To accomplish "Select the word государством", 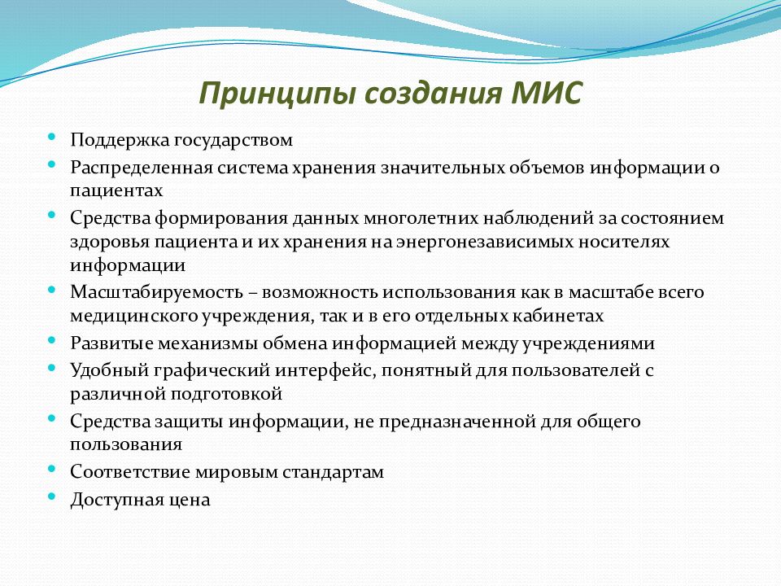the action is (233, 141).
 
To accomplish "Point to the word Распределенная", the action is (141, 168).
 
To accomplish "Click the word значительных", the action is (443, 167).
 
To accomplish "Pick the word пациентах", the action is (116, 190).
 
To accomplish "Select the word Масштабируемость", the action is (156, 292).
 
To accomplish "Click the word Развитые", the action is (111, 343).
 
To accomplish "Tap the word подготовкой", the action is (227, 394).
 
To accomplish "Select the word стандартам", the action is (333, 472).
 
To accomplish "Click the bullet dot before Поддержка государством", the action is (52, 136).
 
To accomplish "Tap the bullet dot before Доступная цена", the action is (52, 496).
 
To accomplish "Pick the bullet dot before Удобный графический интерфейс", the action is (52, 367).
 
